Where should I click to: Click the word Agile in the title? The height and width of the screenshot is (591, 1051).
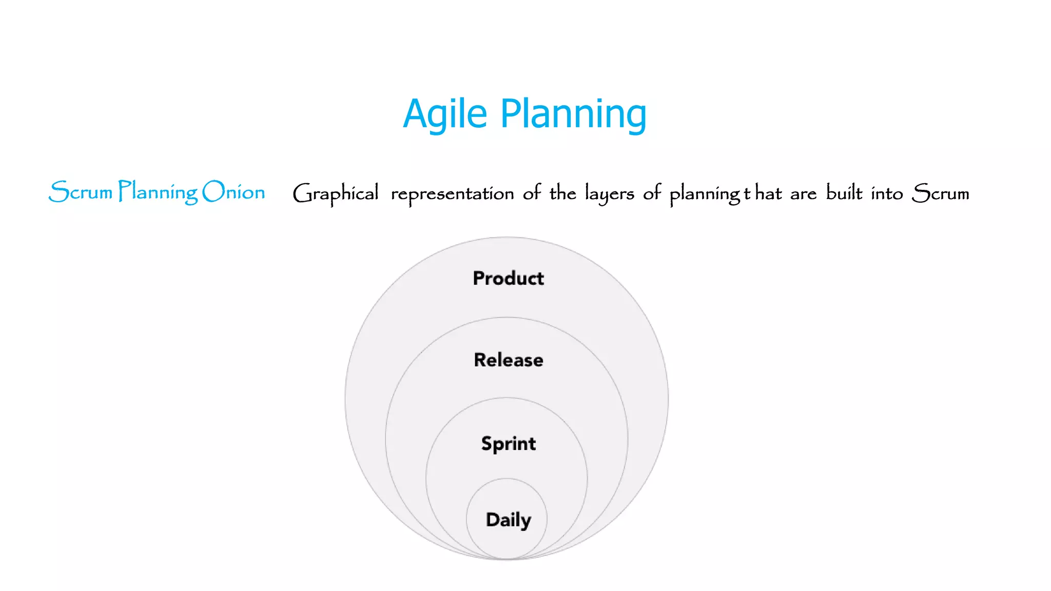coord(444,114)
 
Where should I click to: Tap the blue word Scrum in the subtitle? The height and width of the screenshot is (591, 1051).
coord(81,192)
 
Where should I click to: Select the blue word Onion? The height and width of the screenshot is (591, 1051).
coord(233,192)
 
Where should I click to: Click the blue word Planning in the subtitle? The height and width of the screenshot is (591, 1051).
coord(158,193)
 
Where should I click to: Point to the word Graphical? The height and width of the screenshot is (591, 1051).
coord(336,194)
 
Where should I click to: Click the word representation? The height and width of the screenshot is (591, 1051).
coord(452,194)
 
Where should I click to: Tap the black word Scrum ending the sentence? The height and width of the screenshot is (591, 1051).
coord(940,193)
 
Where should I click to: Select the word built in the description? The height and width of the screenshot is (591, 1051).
coord(844,193)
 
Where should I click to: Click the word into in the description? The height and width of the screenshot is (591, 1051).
coord(886,193)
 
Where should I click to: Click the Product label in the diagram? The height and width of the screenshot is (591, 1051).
coord(508,278)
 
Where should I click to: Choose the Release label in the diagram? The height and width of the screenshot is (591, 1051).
coord(508,360)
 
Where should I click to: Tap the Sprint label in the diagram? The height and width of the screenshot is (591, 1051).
coord(508,443)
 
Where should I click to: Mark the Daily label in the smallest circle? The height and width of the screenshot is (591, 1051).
coord(508,520)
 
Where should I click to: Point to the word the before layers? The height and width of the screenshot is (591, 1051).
coord(562,193)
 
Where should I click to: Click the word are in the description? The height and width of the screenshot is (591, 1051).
coord(803,194)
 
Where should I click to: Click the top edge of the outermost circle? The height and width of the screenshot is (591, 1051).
coord(507,237)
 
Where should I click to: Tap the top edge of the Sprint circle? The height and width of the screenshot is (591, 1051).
coord(507,398)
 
